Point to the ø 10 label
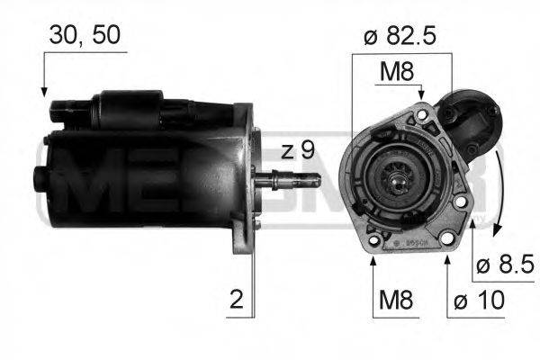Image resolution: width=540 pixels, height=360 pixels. point(480,299)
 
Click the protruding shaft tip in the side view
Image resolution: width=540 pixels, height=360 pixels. point(310,180)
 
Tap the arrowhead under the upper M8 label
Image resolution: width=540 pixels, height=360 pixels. point(420,94)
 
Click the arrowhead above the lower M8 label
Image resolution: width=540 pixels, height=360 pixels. point(373,261)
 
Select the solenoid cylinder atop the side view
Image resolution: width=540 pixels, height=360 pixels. point(135,112)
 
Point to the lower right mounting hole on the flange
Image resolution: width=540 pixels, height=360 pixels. point(461,215)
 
